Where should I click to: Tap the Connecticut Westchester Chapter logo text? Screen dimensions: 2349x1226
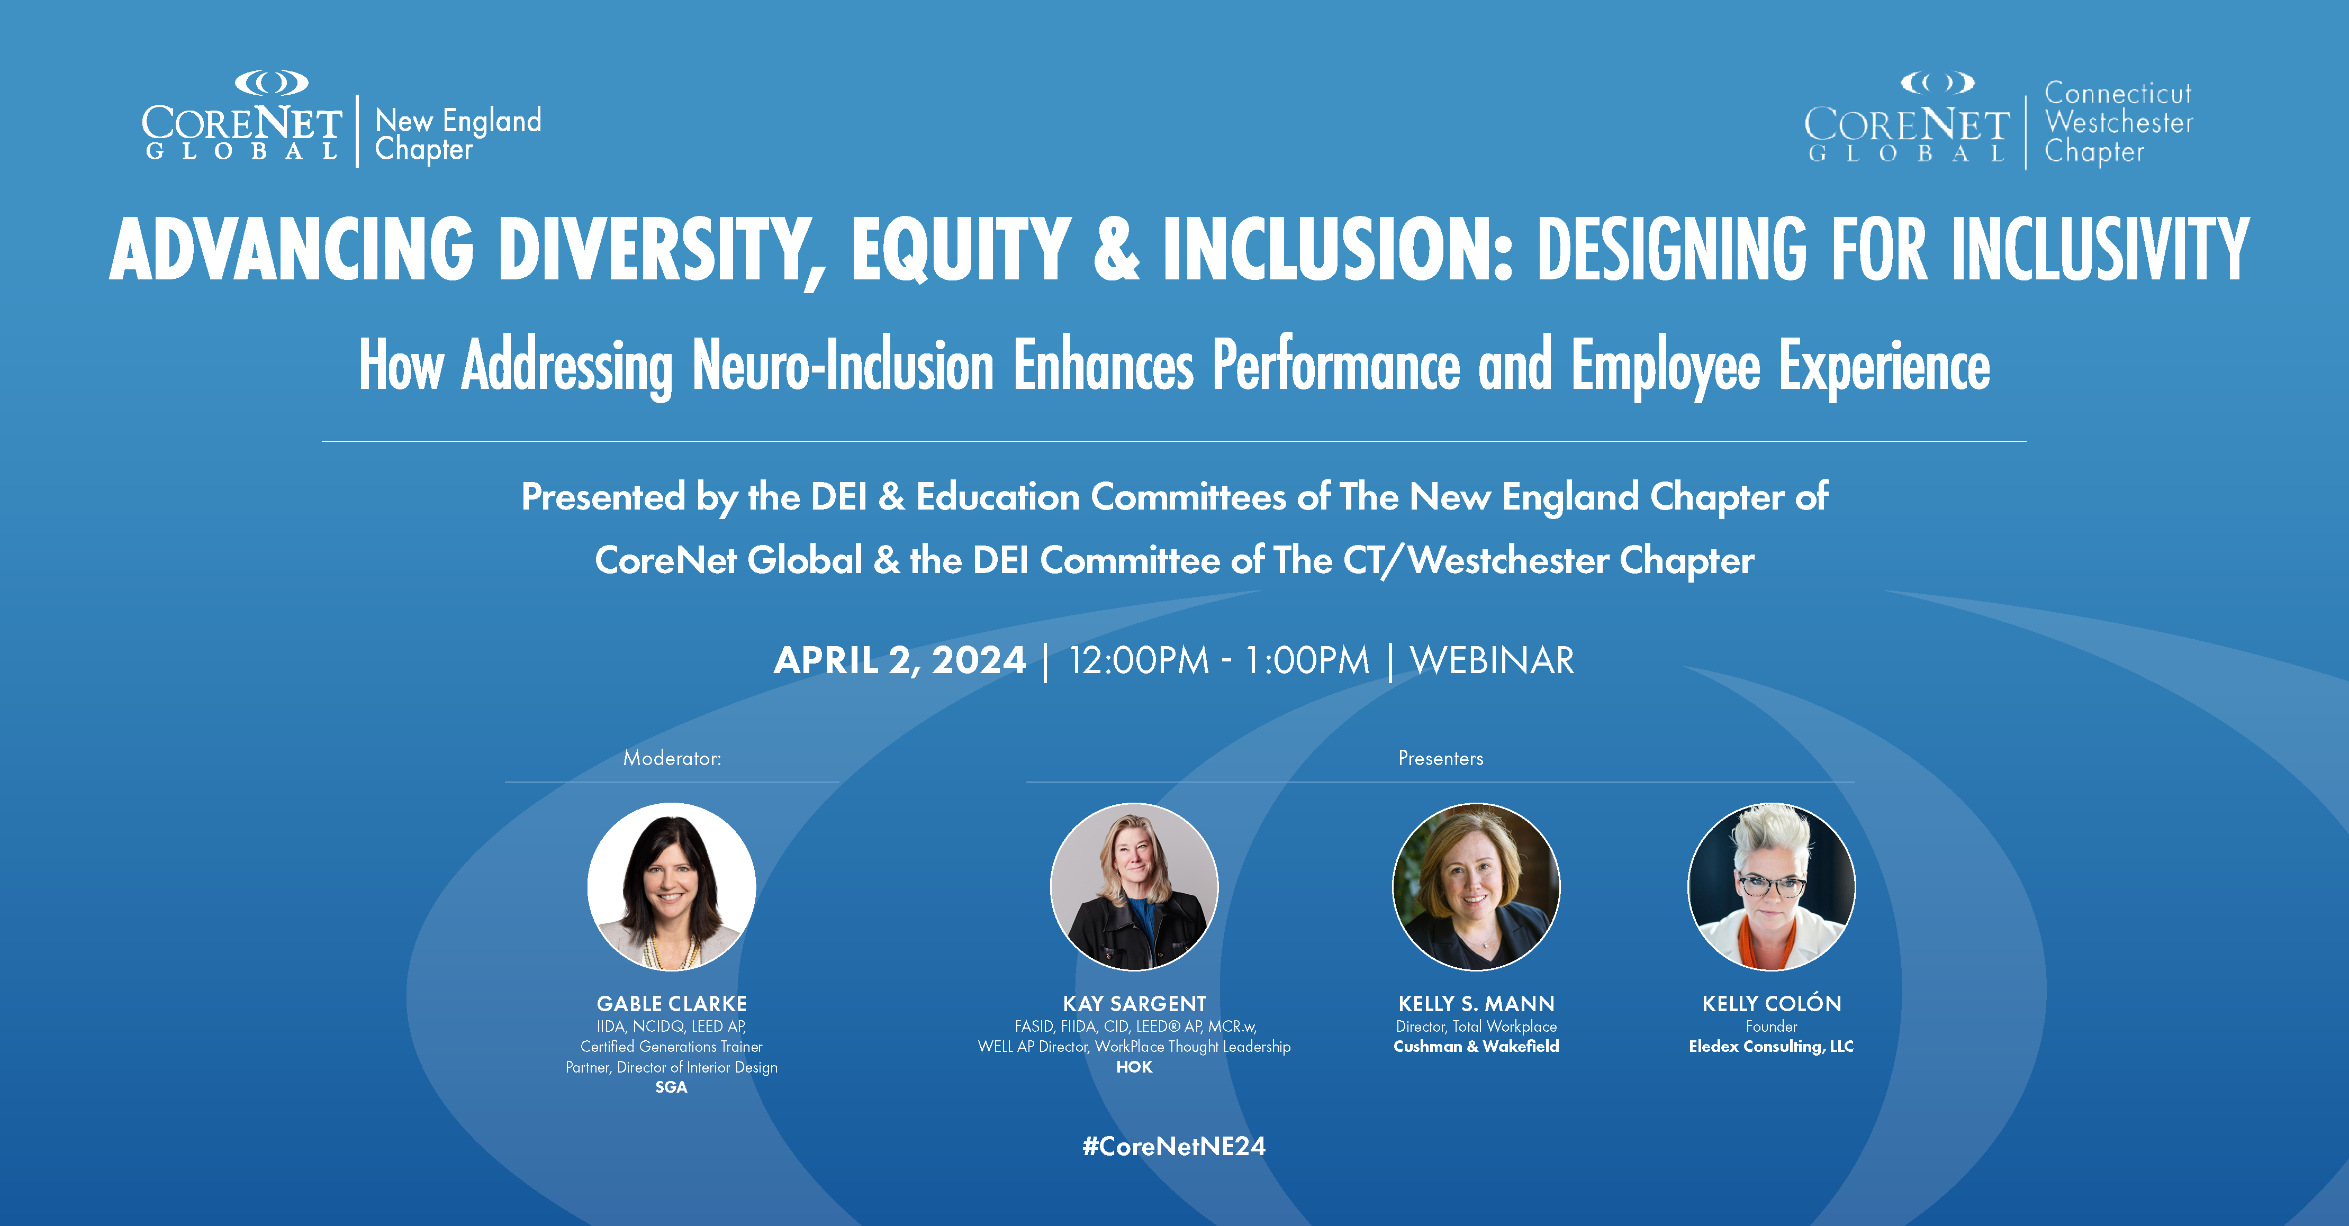point(2118,122)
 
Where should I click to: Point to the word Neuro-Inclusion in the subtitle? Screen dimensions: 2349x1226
point(843,365)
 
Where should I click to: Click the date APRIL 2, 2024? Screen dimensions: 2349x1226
point(899,660)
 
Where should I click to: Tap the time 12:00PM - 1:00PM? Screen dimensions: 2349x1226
point(1218,660)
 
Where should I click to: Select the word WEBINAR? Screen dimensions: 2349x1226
point(1492,660)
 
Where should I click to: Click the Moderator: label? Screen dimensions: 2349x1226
point(672,758)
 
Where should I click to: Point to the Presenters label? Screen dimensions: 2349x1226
point(1441,758)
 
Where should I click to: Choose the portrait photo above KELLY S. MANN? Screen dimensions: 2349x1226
point(1476,886)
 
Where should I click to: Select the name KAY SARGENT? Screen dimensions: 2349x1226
point(1134,1004)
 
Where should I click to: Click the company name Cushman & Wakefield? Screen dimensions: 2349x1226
point(1476,1047)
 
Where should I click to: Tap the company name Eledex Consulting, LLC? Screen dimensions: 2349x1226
point(1771,1047)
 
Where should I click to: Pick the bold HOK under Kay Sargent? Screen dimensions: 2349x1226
point(1134,1067)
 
